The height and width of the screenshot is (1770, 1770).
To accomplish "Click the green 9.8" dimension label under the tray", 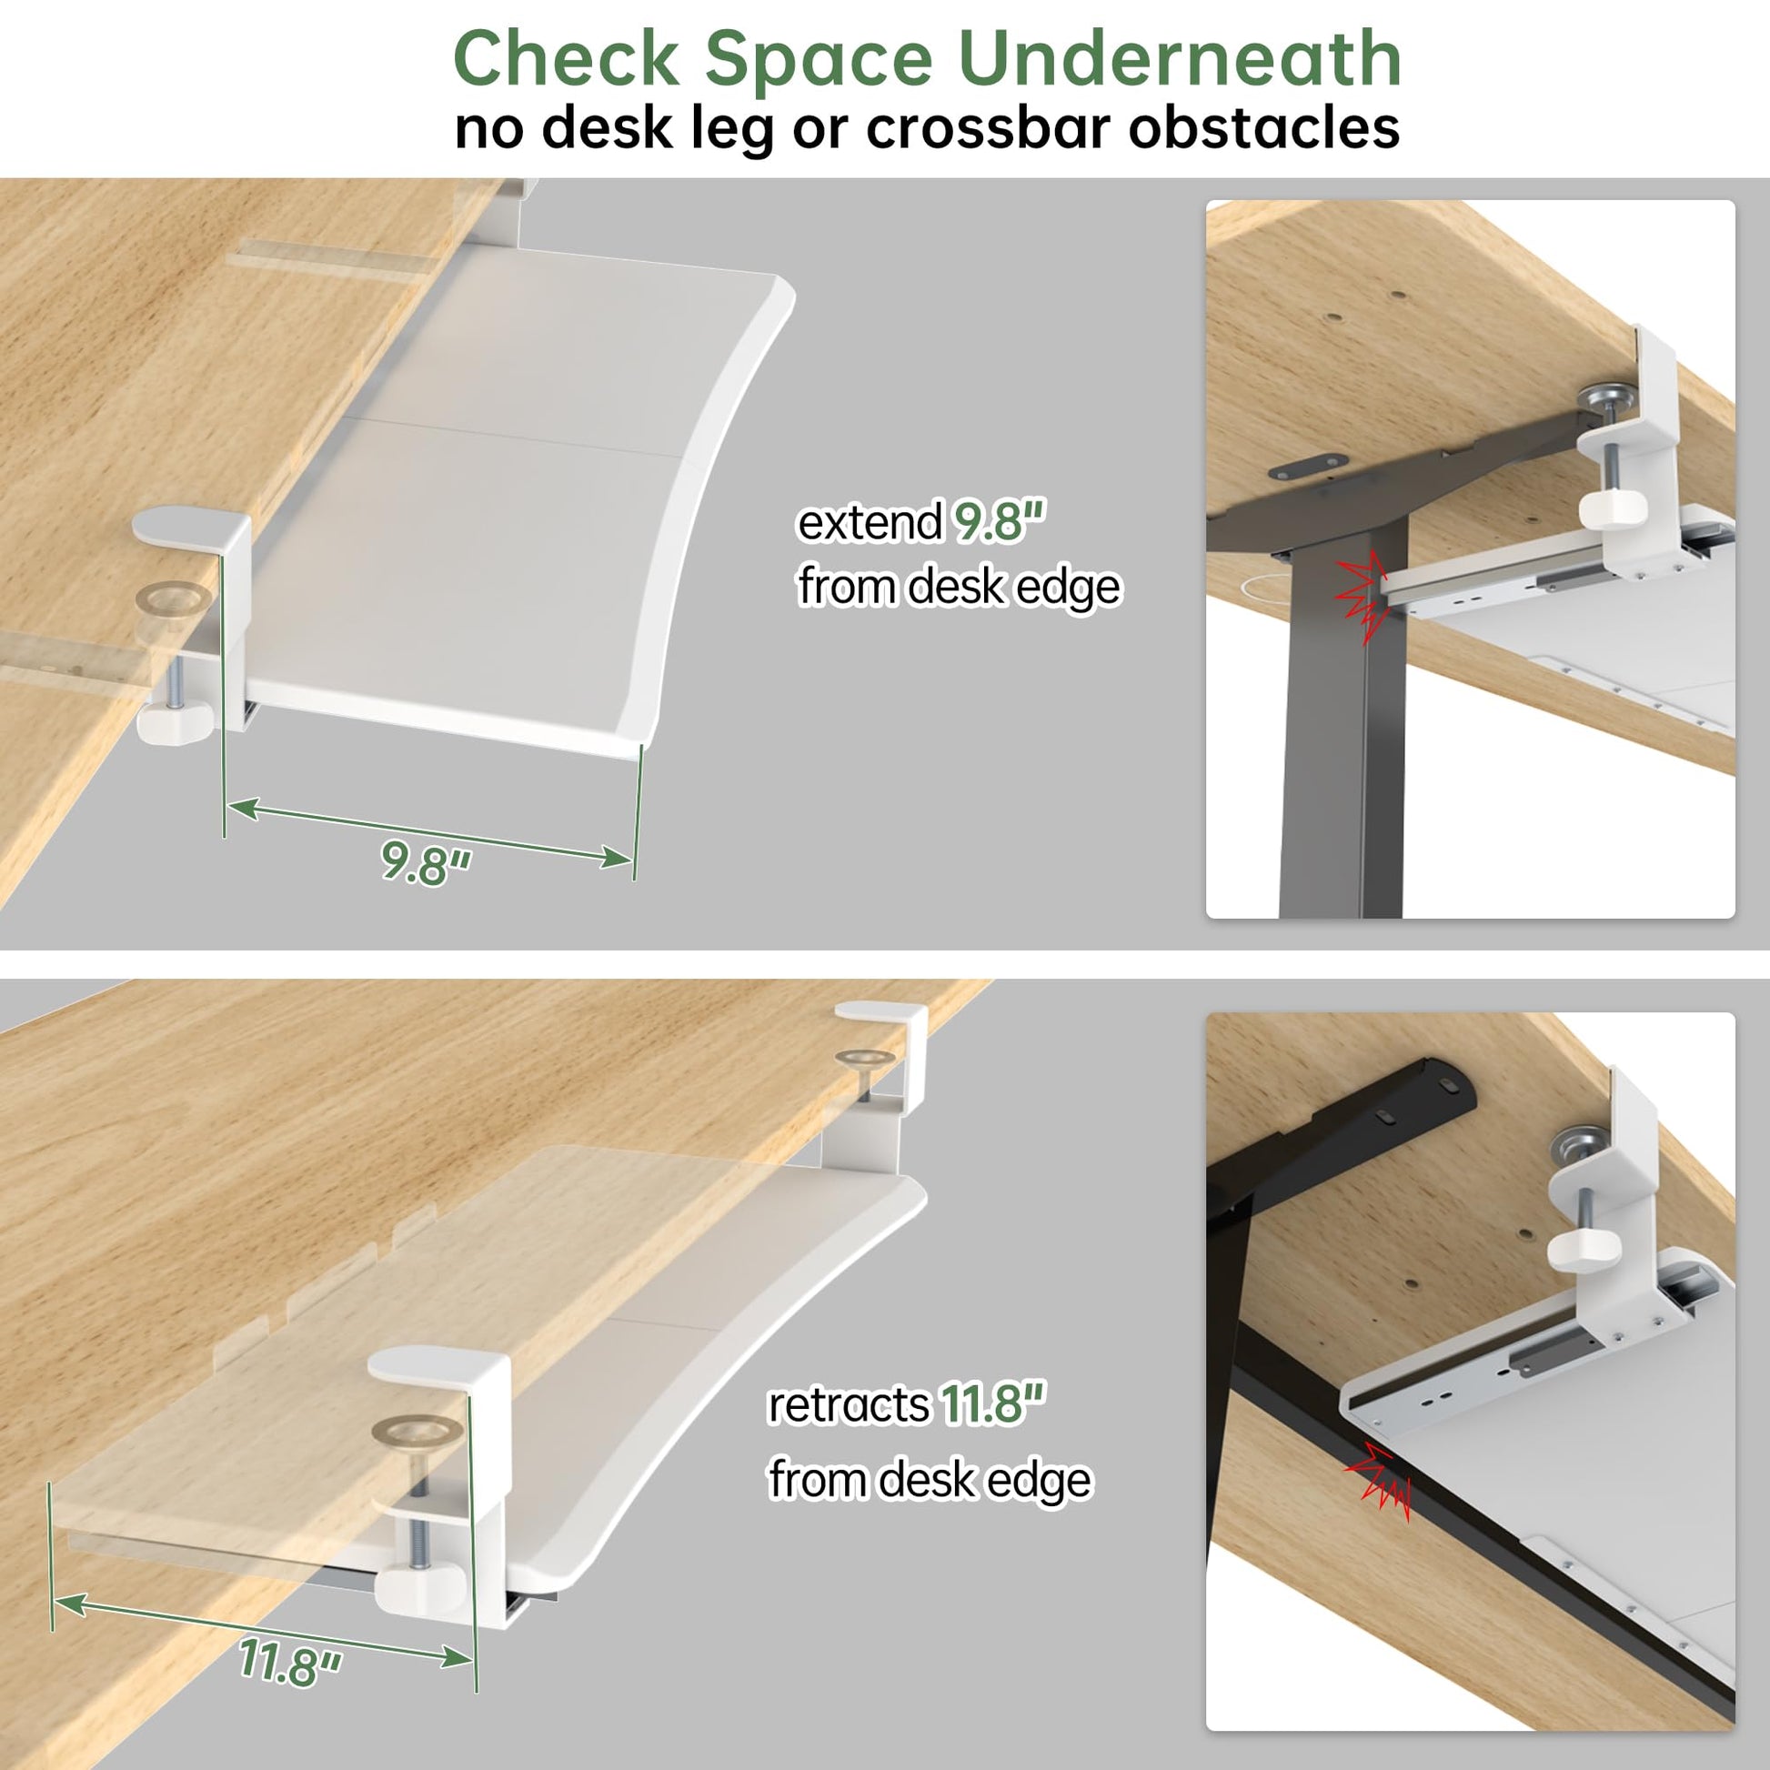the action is [x=426, y=863].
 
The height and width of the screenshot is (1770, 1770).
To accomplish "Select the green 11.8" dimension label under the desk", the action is [x=289, y=1661].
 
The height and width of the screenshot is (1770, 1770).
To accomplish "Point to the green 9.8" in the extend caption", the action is [x=1000, y=522].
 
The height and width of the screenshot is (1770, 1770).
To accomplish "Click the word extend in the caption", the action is [x=870, y=523].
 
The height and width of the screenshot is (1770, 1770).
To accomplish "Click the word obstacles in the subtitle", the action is [x=1263, y=127].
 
